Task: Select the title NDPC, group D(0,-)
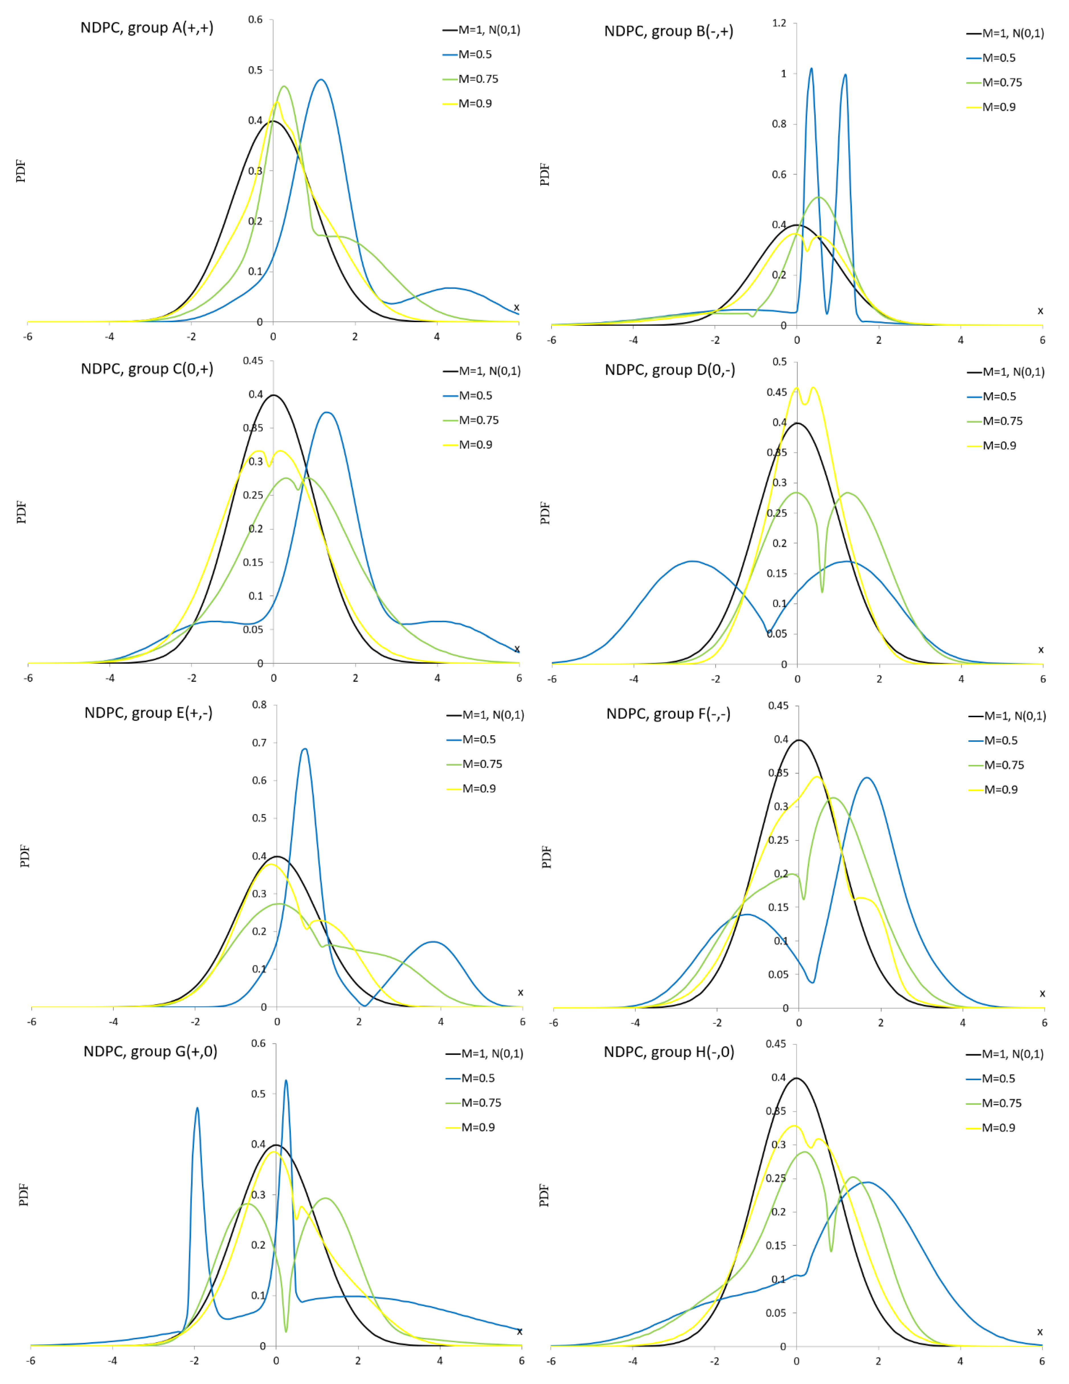670,370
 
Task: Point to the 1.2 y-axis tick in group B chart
779,23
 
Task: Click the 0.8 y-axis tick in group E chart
259,705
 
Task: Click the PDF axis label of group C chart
22,512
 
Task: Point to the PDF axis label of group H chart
544,1195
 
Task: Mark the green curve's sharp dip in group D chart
822,591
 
